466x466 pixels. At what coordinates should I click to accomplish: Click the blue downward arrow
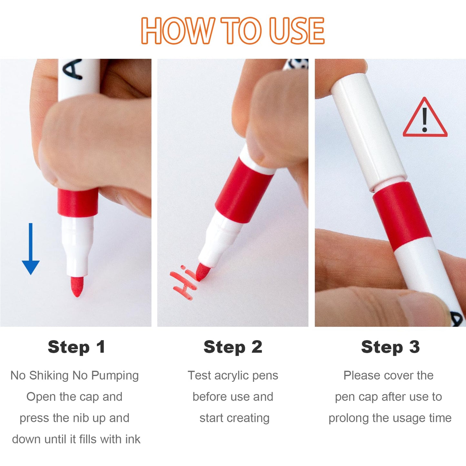(31, 249)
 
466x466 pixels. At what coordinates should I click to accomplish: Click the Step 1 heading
(76, 347)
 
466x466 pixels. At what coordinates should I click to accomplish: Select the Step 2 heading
(233, 347)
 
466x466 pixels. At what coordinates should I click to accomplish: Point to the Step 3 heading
(390, 347)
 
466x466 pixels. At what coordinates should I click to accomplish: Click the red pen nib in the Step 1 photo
(78, 287)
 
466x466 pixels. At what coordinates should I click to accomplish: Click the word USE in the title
(297, 31)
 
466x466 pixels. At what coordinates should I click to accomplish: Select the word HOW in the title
(178, 31)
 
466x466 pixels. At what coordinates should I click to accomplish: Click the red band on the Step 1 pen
(78, 203)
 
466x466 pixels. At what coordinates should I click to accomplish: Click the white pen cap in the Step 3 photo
(368, 132)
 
